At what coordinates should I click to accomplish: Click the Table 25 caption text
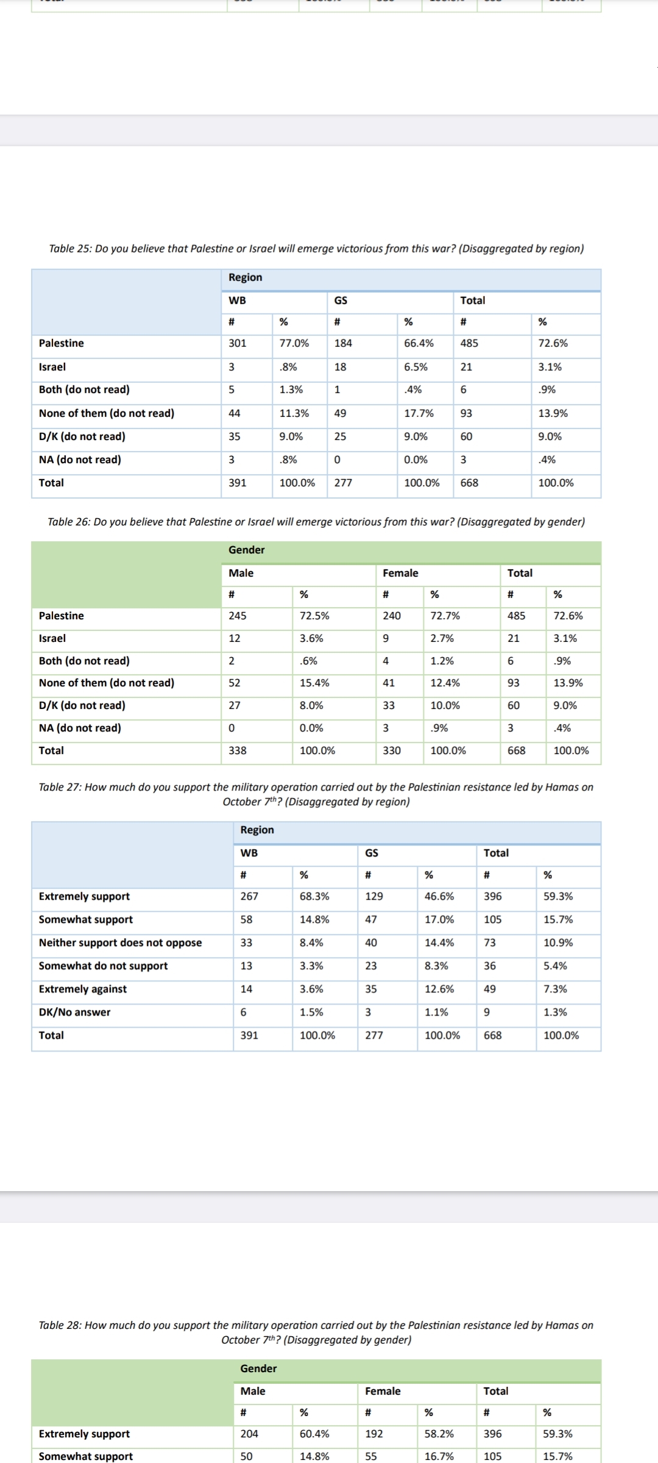click(x=316, y=249)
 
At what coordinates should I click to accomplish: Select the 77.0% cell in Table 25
click(x=294, y=343)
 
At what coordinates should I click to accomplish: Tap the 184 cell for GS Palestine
click(x=343, y=343)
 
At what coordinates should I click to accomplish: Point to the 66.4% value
click(x=419, y=343)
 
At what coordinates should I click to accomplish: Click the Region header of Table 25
click(x=245, y=277)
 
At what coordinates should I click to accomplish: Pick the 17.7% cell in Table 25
click(x=419, y=413)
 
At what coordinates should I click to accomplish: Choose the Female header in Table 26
click(x=400, y=573)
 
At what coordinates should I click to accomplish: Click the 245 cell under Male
click(x=237, y=616)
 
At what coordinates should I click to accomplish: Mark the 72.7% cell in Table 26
click(x=445, y=616)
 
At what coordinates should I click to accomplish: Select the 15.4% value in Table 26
click(x=314, y=683)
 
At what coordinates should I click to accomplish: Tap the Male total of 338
click(x=237, y=750)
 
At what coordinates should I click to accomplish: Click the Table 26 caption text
click(x=316, y=522)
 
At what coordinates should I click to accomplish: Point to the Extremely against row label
click(x=83, y=989)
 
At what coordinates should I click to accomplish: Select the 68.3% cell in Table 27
click(x=314, y=896)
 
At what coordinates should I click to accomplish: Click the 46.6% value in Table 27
click(x=439, y=896)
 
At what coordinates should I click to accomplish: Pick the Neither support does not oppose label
click(x=120, y=942)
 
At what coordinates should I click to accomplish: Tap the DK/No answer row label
click(x=74, y=1012)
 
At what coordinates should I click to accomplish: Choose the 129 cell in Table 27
click(x=373, y=896)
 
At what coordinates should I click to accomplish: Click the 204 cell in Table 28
click(x=249, y=1434)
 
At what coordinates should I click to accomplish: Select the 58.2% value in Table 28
click(x=439, y=1434)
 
